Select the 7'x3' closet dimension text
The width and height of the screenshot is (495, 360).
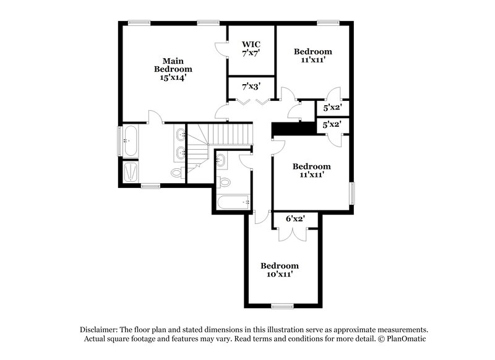(251, 86)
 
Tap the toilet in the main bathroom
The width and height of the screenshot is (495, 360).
(176, 172)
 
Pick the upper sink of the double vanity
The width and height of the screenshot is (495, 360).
(179, 134)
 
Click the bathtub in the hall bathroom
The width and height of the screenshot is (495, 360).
(233, 201)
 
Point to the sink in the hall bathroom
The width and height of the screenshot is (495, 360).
(222, 160)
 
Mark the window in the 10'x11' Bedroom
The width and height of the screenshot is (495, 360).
(283, 306)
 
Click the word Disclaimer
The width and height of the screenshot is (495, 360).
(98, 330)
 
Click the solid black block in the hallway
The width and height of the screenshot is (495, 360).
(294, 127)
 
